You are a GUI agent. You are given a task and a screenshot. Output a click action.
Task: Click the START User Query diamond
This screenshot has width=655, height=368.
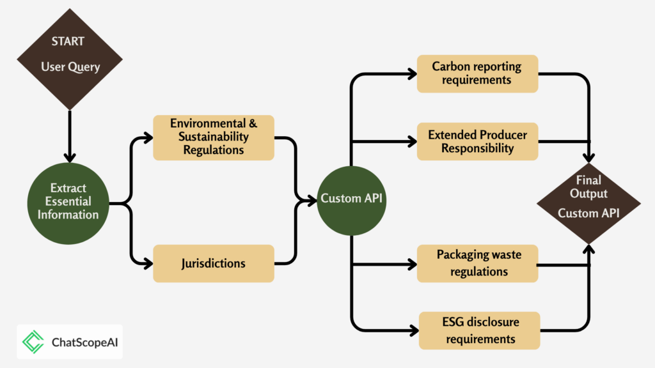tap(70, 59)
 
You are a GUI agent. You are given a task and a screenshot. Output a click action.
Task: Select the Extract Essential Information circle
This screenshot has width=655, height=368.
tap(68, 203)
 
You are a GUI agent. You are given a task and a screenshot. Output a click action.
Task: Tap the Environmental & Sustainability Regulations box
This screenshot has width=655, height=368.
tap(214, 138)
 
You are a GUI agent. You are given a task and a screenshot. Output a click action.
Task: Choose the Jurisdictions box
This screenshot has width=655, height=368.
tap(214, 263)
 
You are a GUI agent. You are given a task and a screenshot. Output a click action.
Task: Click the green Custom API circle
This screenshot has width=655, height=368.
tap(351, 201)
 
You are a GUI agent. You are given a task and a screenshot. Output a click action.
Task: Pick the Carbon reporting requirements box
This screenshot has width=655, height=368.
tap(477, 74)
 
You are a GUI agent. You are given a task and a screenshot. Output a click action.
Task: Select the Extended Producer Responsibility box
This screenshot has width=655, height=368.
tap(477, 141)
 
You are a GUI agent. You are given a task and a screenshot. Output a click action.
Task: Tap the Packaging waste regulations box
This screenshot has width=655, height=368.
tap(477, 263)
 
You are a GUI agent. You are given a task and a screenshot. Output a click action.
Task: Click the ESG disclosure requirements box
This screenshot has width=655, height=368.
tap(480, 330)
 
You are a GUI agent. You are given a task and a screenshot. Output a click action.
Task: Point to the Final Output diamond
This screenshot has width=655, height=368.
tap(588, 203)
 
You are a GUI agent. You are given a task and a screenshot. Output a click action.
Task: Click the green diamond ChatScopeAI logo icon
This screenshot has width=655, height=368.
tap(33, 342)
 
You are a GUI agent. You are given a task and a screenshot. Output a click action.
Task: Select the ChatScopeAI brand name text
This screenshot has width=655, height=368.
tap(85, 342)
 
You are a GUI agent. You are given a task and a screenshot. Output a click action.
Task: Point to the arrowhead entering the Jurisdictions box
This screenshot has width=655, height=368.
tap(148, 263)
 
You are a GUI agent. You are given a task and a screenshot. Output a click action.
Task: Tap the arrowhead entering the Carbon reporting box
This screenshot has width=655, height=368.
tap(412, 74)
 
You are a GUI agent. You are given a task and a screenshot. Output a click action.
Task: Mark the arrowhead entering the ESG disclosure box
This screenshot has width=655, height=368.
tap(414, 331)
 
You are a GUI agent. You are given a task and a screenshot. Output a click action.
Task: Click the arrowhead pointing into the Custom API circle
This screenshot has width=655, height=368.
tap(312, 201)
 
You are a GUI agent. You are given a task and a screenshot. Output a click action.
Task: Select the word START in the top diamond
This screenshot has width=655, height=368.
tap(68, 42)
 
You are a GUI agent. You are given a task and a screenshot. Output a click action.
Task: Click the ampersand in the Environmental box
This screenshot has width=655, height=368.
tap(253, 123)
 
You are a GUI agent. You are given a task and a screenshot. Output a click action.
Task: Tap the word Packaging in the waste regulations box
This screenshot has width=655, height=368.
tap(458, 255)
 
